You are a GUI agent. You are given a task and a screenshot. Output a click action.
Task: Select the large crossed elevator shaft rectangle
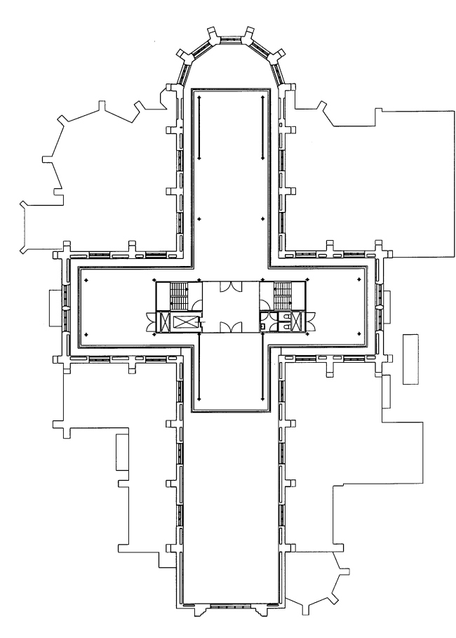coord(185,321)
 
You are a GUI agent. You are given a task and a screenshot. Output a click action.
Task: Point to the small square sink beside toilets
coord(262,326)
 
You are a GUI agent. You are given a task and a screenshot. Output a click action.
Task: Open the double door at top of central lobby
coord(231,287)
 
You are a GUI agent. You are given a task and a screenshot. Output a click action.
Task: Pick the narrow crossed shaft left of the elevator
coord(166,321)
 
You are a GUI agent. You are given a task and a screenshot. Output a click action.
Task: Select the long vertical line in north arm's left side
coord(199,128)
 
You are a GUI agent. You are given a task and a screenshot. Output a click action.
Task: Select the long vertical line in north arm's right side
coord(262,128)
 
